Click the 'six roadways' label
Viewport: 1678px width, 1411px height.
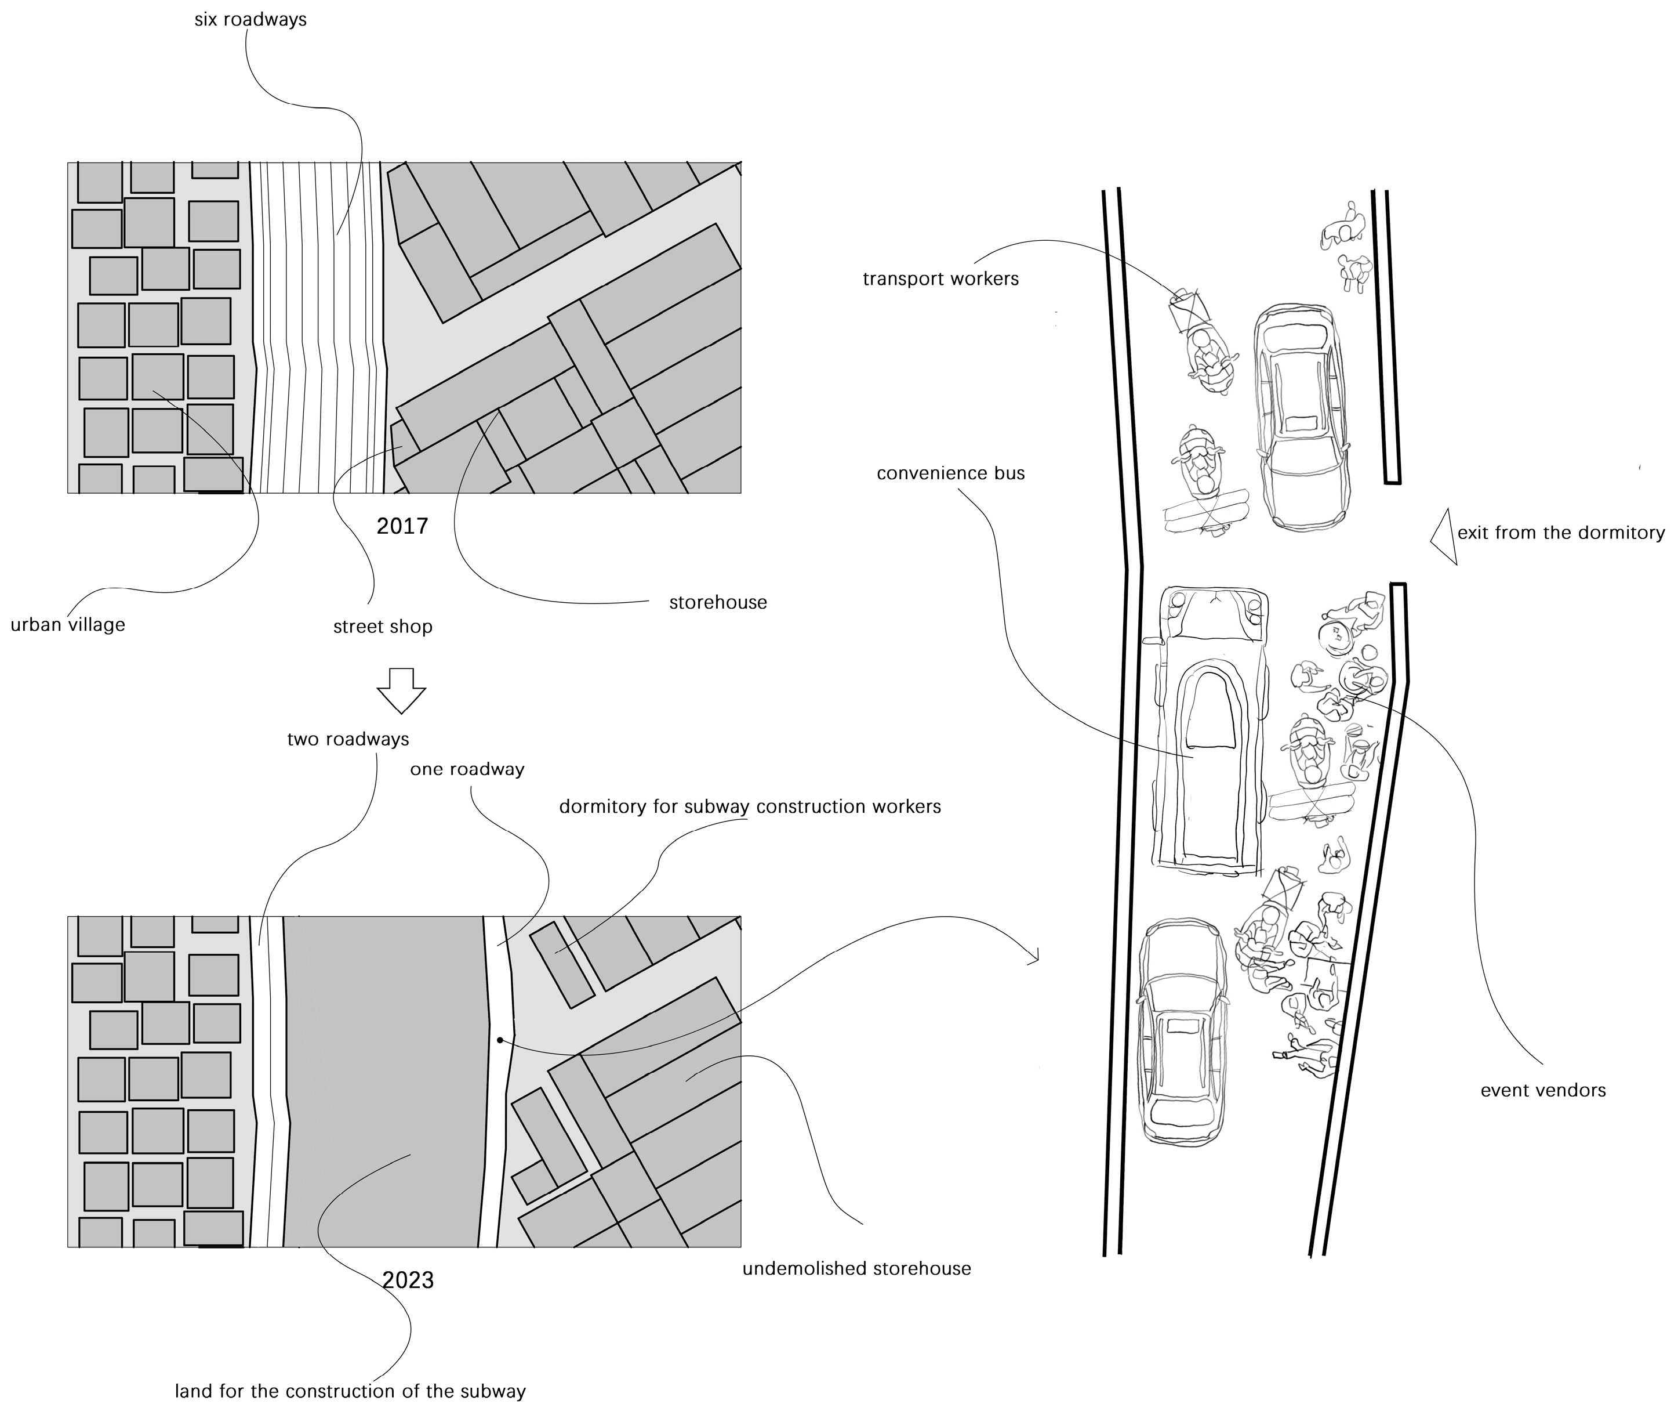[x=250, y=19]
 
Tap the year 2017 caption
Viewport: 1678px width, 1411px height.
[x=402, y=526]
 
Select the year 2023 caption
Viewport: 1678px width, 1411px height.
[x=408, y=1280]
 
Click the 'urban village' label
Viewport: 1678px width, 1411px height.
[x=68, y=625]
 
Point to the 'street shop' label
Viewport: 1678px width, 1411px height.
[x=383, y=627]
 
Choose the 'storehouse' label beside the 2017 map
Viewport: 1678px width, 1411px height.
[x=718, y=602]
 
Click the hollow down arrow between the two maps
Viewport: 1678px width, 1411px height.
[x=401, y=689]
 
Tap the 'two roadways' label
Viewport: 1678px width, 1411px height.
[x=348, y=739]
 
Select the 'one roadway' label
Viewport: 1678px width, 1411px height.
[x=467, y=769]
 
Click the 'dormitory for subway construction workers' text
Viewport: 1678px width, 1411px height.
[x=750, y=806]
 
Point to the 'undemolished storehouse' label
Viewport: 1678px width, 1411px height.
[x=856, y=1269]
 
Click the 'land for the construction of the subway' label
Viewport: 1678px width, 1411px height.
[x=350, y=1391]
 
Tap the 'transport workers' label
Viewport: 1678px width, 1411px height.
[x=940, y=279]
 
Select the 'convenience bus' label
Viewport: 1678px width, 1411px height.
[x=950, y=473]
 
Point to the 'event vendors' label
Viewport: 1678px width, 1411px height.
[x=1543, y=1090]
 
